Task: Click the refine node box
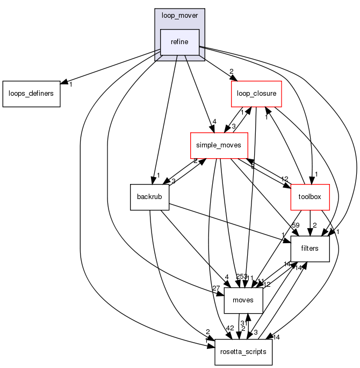tap(180, 43)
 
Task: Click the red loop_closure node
tap(256, 94)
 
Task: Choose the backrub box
tap(150, 197)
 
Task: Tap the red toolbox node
tap(309, 197)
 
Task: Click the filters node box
tap(309, 249)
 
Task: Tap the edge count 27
tap(216, 289)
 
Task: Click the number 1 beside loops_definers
tap(70, 84)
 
